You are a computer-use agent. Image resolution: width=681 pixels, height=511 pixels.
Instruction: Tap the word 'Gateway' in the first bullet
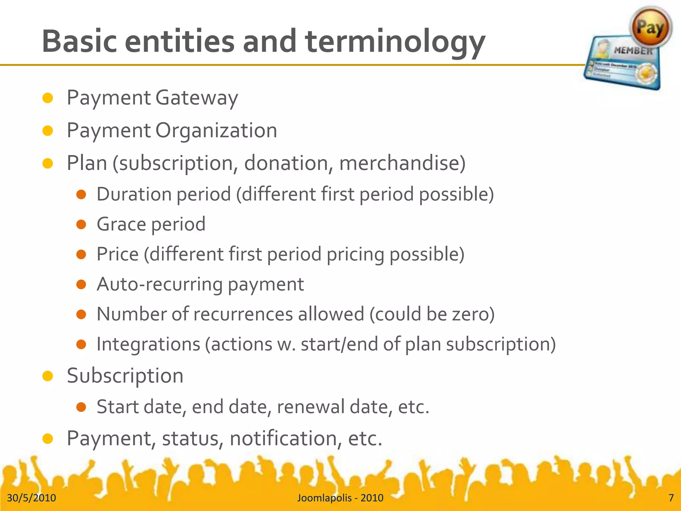(197, 98)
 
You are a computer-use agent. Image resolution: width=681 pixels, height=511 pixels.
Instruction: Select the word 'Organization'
(216, 131)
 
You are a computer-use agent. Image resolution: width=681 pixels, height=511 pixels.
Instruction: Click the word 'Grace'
(121, 224)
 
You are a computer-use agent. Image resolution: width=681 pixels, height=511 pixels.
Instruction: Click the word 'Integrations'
(148, 344)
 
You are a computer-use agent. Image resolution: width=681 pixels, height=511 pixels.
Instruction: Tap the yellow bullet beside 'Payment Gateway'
(48, 98)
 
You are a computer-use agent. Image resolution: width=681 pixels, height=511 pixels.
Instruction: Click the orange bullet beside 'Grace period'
(81, 225)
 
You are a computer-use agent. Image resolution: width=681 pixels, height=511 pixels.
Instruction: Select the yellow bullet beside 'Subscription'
(48, 376)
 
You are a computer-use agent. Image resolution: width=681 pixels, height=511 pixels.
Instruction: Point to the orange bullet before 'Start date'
(81, 407)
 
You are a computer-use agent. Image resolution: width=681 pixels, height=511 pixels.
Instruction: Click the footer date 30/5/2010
(32, 498)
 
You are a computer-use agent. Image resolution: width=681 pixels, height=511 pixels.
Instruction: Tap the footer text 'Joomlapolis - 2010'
(340, 498)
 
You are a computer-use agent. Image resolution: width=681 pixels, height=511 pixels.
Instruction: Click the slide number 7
(671, 498)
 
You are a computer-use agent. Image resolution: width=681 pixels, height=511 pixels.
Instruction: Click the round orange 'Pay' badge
(650, 27)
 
